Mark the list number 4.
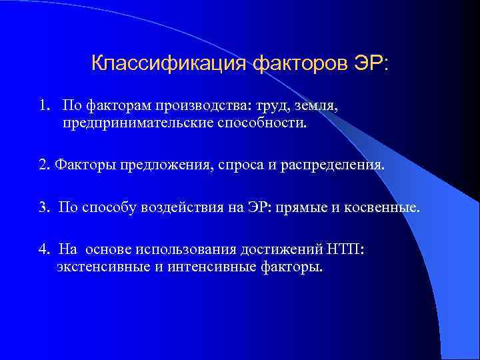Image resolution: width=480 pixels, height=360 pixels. pyautogui.click(x=43, y=250)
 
